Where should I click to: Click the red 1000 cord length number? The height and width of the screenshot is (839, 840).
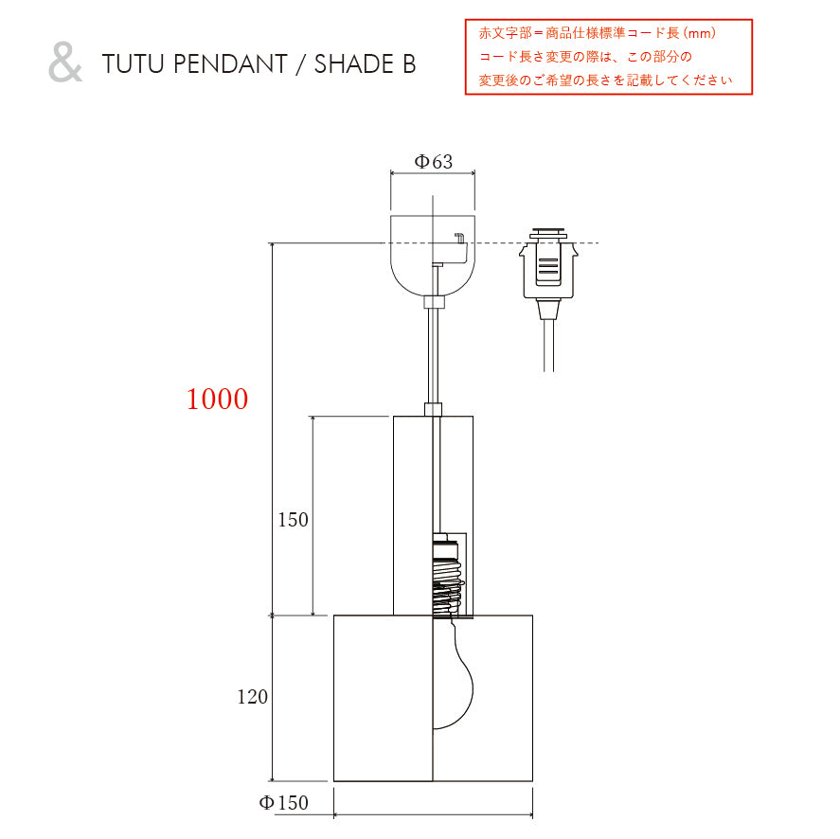(x=217, y=400)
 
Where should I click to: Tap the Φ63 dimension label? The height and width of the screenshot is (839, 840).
(x=434, y=161)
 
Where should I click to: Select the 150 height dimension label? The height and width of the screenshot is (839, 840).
(x=293, y=520)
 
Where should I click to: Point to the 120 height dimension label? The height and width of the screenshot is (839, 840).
(x=252, y=697)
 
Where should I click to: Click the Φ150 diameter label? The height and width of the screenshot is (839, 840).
(x=283, y=802)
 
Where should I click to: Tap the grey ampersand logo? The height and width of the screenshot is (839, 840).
(x=65, y=62)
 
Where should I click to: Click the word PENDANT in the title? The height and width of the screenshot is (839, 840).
(x=230, y=63)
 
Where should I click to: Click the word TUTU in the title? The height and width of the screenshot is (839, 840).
(x=133, y=63)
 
